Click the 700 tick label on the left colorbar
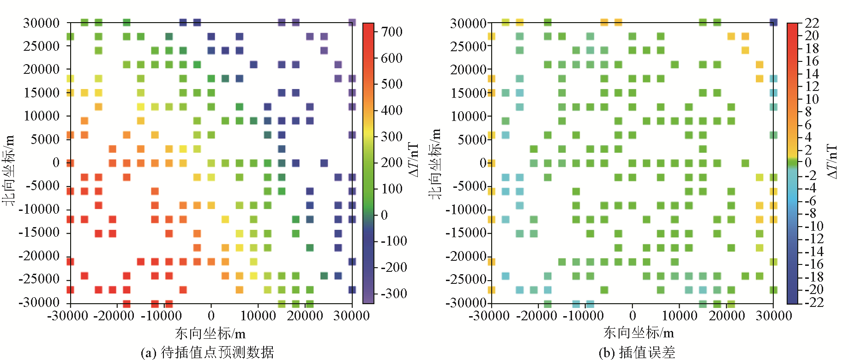391,32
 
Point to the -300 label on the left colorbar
394,294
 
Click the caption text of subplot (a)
207,352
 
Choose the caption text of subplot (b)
637,352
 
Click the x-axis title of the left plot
210,333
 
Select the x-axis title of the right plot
638,332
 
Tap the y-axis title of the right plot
434,164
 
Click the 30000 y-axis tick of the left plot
42,23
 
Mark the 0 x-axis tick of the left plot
211,316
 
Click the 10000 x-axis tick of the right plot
680,316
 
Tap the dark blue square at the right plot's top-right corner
774,22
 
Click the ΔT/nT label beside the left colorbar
414,159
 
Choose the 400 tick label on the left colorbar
391,110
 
